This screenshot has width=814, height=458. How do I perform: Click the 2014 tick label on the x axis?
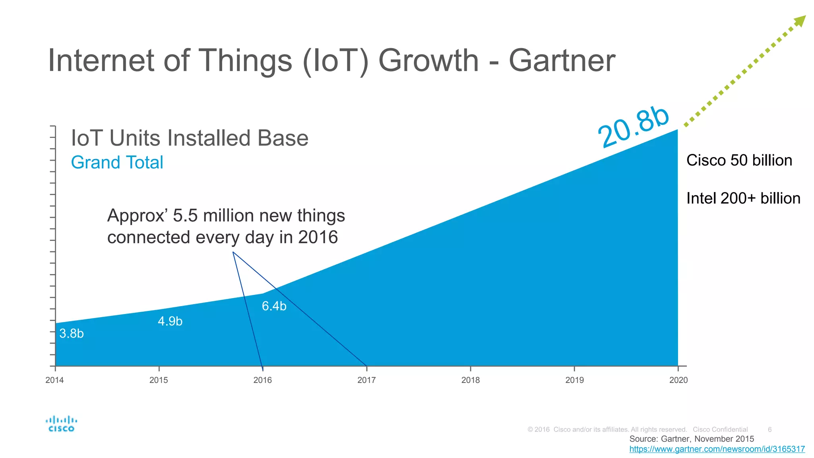tap(54, 380)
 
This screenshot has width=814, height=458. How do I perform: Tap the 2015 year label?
tap(159, 380)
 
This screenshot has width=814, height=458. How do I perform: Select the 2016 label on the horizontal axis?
tap(263, 380)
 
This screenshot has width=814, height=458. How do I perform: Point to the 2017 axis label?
tap(366, 380)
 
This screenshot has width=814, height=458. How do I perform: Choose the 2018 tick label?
tap(471, 380)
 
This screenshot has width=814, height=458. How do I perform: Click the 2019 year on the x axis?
tap(575, 380)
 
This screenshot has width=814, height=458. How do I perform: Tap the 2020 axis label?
tap(678, 380)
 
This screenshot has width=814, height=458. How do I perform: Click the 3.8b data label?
tap(72, 334)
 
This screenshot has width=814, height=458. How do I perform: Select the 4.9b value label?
tap(170, 321)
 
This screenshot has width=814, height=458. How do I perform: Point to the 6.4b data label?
tap(274, 306)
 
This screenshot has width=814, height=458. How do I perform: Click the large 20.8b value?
tap(634, 127)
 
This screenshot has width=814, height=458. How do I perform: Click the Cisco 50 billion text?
tap(739, 161)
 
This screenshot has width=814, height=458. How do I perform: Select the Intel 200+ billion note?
tap(743, 198)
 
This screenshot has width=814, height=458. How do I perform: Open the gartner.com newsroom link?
tap(717, 449)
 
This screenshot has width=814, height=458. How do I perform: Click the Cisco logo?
tap(61, 424)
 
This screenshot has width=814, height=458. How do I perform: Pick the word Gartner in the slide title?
tap(562, 61)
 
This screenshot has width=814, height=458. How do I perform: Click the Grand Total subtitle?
tap(117, 163)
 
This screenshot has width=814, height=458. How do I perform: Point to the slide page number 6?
tap(770, 429)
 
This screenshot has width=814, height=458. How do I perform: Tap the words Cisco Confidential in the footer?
tap(720, 429)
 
